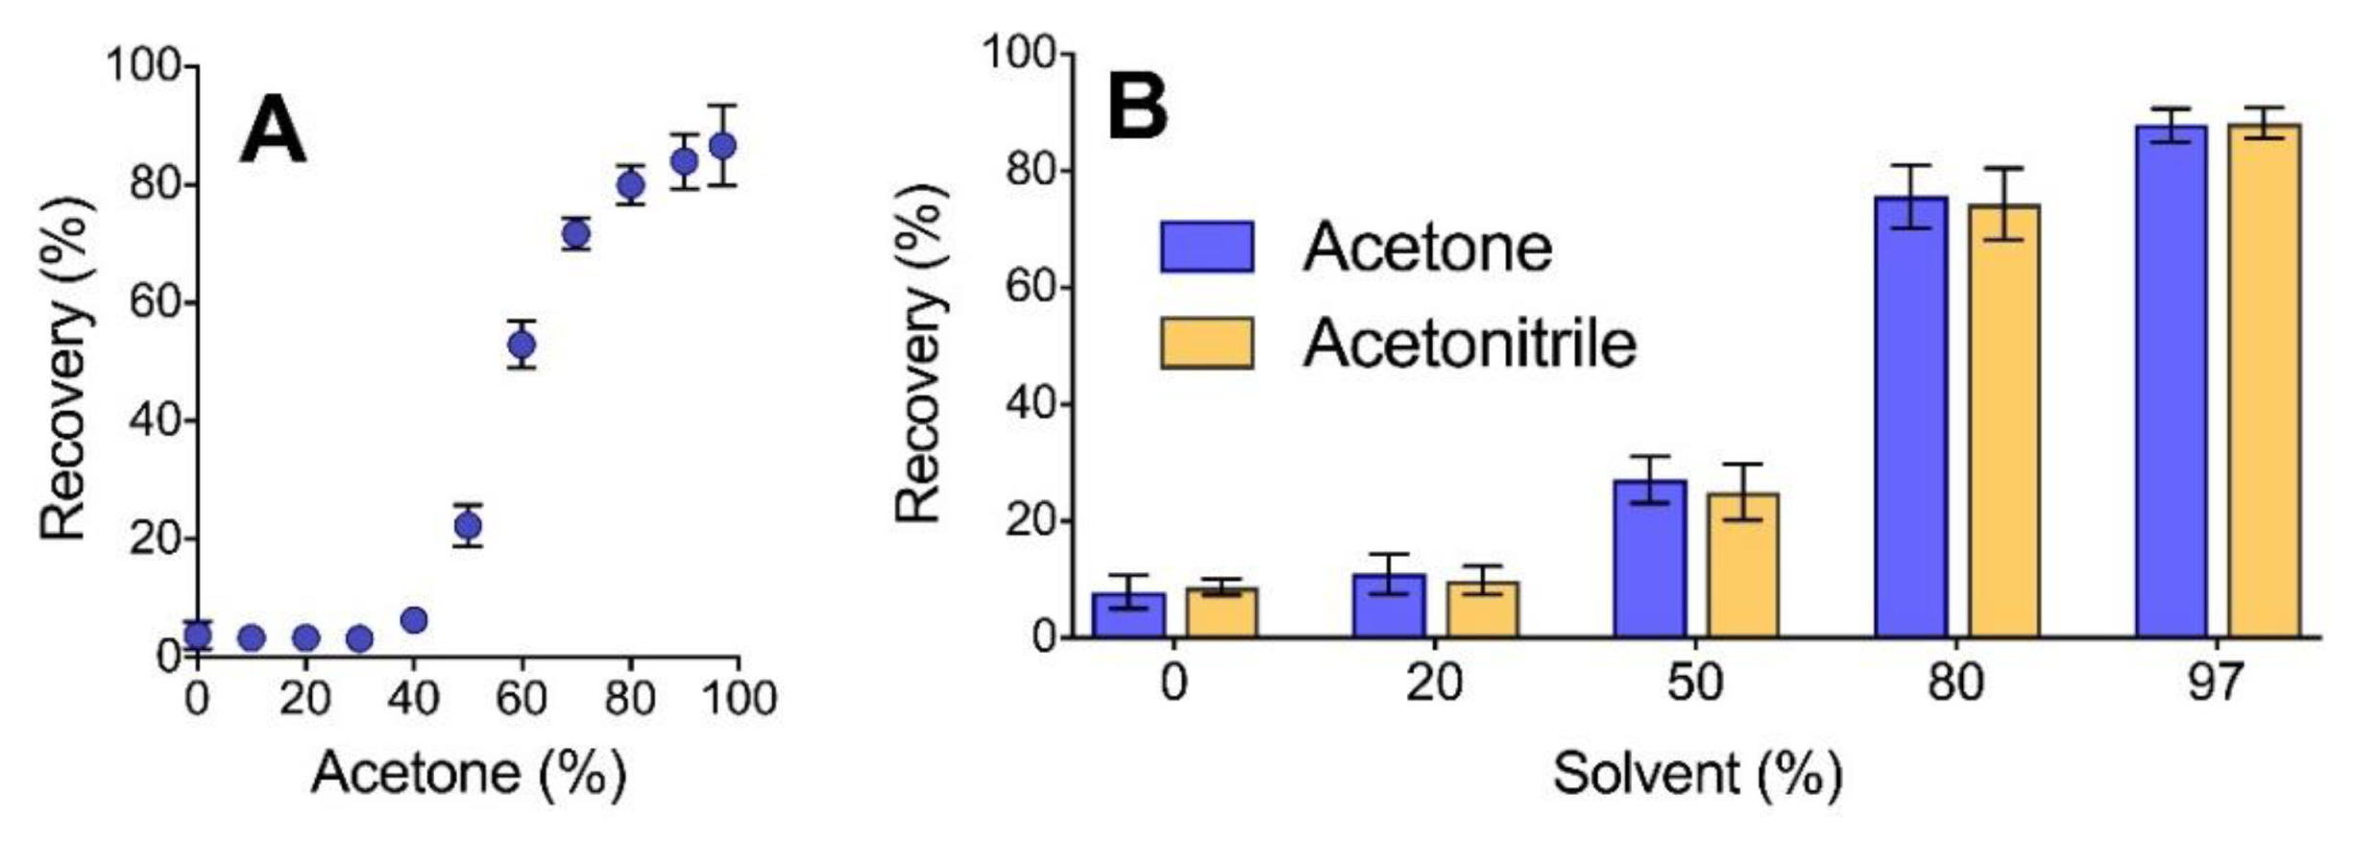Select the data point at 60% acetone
click(x=522, y=344)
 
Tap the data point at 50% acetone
click(x=468, y=525)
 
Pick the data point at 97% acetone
click(x=722, y=146)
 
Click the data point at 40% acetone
click(x=414, y=620)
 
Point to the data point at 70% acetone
click(x=575, y=233)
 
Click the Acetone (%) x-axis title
click(x=468, y=774)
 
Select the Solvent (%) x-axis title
click(x=1696, y=774)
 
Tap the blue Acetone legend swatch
click(x=1206, y=248)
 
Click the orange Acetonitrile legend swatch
click(x=1206, y=344)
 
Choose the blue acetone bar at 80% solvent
click(x=1910, y=418)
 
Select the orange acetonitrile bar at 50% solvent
click(x=1742, y=566)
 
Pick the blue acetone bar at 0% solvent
click(x=1129, y=615)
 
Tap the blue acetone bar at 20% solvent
click(x=1389, y=606)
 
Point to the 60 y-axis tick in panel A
click(x=155, y=303)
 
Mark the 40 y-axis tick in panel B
click(x=1031, y=405)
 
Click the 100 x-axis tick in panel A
click(x=738, y=698)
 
